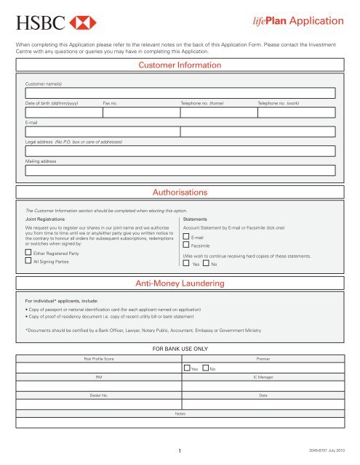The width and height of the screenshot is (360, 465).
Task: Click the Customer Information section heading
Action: pyautogui.click(x=180, y=65)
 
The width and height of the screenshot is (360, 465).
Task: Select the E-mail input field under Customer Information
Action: pyautogui.click(x=180, y=132)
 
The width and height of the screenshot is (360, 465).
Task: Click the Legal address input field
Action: pyautogui.click(x=180, y=151)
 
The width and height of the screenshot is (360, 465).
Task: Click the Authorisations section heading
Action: pyautogui.click(x=180, y=192)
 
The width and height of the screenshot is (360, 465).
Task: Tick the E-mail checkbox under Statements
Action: pyautogui.click(x=186, y=238)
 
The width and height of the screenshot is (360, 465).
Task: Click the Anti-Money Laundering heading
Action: pyautogui.click(x=180, y=281)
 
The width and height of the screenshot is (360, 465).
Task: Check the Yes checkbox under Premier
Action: pyautogui.click(x=187, y=370)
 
